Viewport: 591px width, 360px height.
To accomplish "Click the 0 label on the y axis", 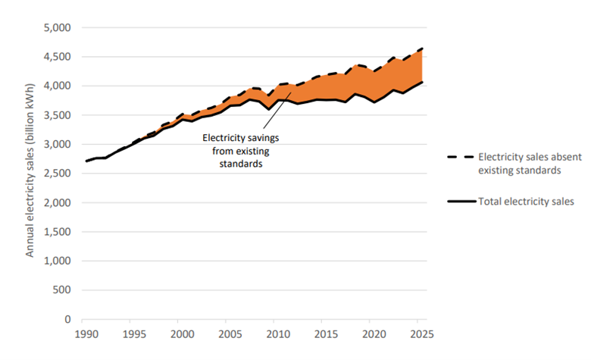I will coord(67,319).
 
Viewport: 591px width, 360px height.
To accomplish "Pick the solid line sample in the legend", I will coord(459,202).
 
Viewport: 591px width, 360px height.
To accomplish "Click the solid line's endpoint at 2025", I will coord(422,81).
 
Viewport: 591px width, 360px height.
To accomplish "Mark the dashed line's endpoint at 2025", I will coord(422,49).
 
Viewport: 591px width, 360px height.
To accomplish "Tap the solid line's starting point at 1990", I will coord(86,161).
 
